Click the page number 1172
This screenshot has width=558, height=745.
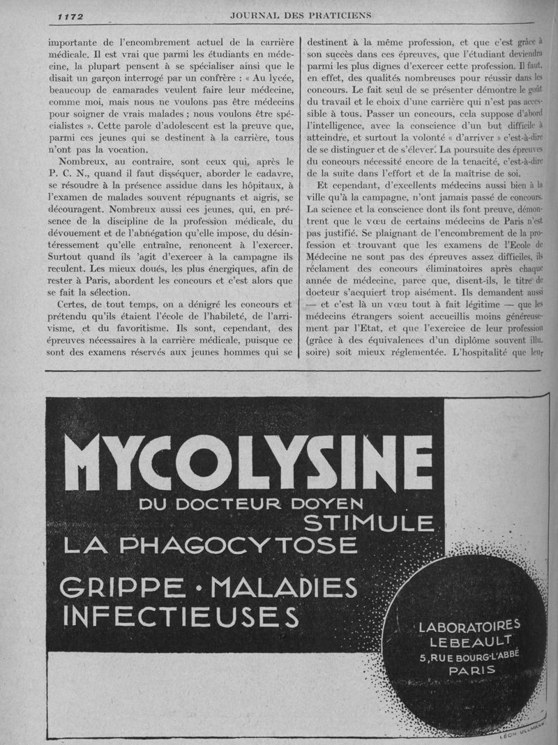pyautogui.click(x=70, y=16)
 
